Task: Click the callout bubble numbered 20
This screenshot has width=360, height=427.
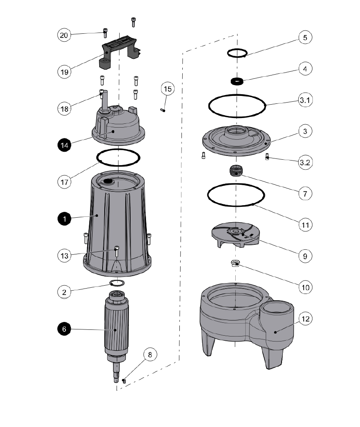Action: [64, 35]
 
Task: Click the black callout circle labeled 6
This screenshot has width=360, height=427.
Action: [64, 329]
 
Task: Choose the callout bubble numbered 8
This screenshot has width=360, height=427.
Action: [150, 355]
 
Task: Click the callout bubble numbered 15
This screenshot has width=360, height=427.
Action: [167, 89]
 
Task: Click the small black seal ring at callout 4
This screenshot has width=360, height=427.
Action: [238, 81]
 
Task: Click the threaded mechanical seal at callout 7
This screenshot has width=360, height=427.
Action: [236, 171]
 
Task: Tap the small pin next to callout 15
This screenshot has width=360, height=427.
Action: [163, 110]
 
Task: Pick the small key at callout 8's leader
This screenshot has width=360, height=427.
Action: [124, 380]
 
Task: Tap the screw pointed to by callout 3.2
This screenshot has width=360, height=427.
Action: [267, 158]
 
